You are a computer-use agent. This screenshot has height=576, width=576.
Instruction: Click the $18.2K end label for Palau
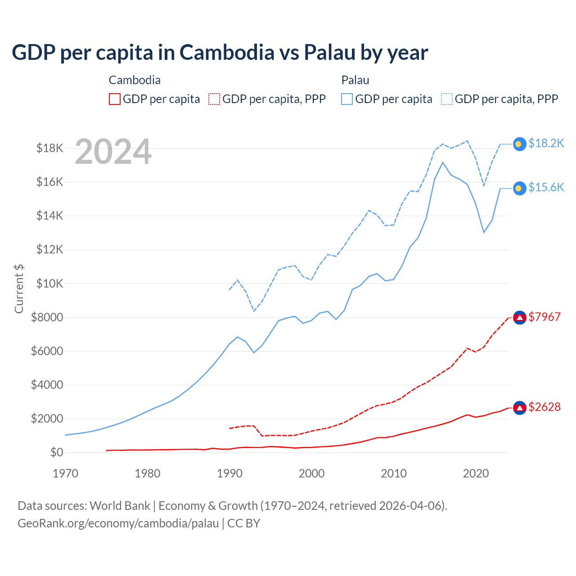546,143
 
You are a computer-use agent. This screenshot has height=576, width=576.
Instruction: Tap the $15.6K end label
546,187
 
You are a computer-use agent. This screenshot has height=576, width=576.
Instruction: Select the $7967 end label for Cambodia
544,317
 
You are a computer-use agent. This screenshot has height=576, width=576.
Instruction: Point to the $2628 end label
544,407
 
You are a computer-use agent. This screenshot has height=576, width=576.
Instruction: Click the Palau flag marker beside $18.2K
520,144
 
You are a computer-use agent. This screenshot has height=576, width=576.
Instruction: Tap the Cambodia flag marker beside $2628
520,408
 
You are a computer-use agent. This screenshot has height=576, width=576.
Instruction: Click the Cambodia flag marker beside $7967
520,318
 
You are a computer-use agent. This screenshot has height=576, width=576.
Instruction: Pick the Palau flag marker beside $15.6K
520,189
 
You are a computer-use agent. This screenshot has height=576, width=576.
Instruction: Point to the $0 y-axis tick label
56,452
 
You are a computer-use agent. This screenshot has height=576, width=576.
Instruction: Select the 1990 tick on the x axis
229,473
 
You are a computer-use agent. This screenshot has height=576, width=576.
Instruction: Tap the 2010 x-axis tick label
394,473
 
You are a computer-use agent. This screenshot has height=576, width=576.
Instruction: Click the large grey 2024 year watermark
113,152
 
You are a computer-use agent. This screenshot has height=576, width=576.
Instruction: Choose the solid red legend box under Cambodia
115,99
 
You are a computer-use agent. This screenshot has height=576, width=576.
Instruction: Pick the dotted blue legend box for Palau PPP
447,99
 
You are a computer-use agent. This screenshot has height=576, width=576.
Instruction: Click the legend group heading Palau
355,80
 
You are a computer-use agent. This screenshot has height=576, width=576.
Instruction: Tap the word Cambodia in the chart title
227,52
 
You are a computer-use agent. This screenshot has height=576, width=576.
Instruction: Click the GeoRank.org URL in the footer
118,523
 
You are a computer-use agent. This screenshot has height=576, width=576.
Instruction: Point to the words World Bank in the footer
120,506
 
